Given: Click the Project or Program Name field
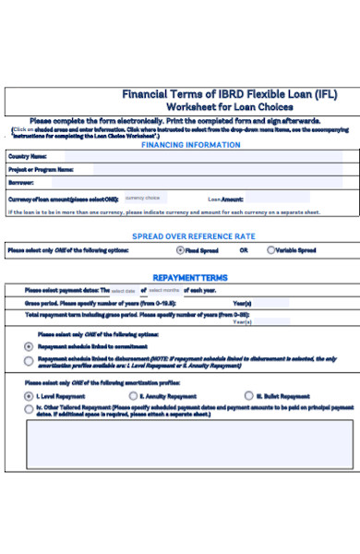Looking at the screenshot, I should [x=217, y=170].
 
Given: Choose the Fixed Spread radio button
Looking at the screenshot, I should [x=180, y=250].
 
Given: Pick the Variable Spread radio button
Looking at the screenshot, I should [x=270, y=250].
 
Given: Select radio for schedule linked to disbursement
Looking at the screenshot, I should [x=29, y=361].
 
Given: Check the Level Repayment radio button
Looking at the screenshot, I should [x=29, y=395].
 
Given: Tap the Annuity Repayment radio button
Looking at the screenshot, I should [x=133, y=395].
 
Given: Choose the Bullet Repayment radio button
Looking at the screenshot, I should [x=248, y=395].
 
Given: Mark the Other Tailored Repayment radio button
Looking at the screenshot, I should [x=29, y=407].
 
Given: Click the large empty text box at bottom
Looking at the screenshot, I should [x=189, y=444].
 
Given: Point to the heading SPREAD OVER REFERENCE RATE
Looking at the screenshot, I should [x=193, y=236].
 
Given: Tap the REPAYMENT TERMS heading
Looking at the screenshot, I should [x=189, y=277].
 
